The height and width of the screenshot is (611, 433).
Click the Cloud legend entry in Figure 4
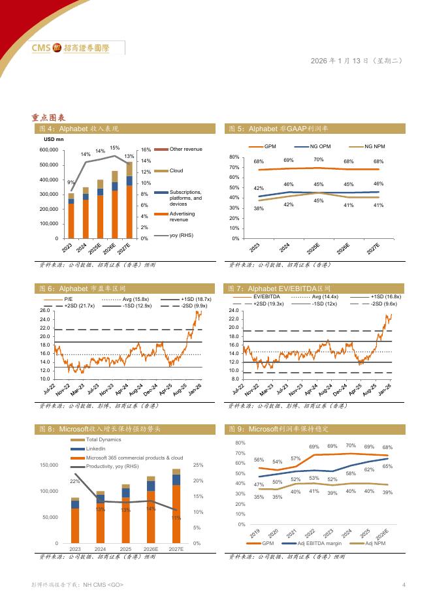[x=176, y=170]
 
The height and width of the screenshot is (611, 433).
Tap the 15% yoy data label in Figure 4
[x=114, y=148]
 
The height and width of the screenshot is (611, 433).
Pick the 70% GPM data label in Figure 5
[x=318, y=160]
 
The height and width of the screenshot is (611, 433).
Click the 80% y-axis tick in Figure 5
[x=234, y=157]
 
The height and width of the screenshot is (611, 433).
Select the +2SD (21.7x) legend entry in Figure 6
[x=80, y=305]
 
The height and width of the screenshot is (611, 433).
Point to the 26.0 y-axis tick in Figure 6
[x=44, y=311]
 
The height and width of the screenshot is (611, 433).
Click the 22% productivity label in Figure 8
[x=75, y=481]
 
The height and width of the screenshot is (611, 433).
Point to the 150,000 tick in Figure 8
[x=49, y=465]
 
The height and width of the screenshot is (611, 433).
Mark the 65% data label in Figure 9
[x=387, y=467]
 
